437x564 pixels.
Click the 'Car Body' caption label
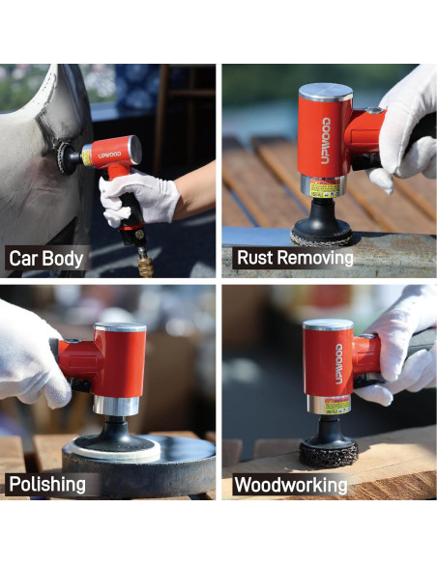(46, 259)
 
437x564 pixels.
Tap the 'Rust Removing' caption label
(294, 259)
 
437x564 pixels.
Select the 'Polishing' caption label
(47, 484)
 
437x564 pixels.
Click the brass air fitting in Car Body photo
(145, 263)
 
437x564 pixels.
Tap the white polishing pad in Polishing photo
(117, 448)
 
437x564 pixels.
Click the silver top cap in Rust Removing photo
(326, 92)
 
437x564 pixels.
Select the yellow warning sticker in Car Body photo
(88, 152)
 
